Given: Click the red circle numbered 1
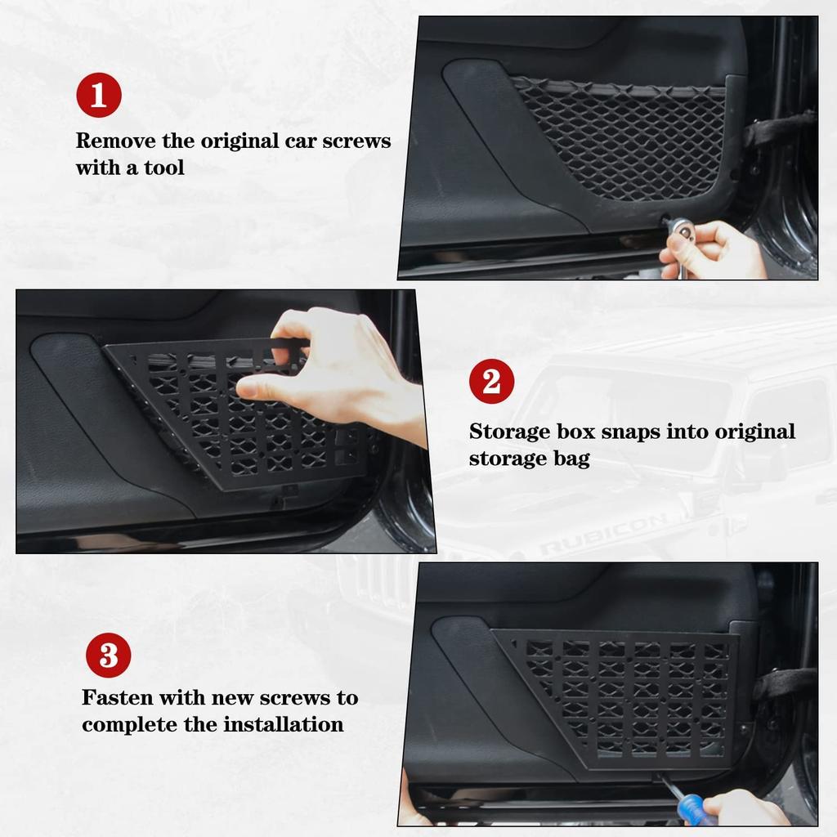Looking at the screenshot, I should [x=99, y=96].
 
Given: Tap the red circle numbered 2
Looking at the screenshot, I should [x=491, y=382].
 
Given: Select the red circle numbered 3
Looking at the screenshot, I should [x=108, y=656].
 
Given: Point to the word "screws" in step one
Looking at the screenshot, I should [x=356, y=141].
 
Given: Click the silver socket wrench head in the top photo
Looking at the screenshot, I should [x=680, y=230].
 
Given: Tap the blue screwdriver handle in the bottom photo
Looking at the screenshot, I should [x=696, y=812].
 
